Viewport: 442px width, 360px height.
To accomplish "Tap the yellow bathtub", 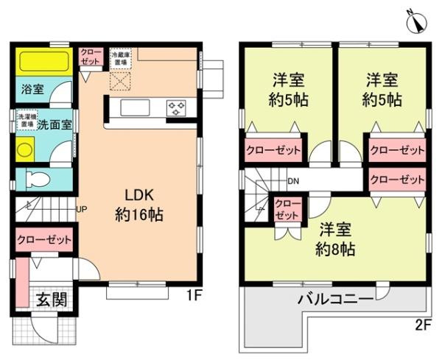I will pyautogui.click(x=43, y=60).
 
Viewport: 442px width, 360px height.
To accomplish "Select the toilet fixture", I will pyautogui.click(x=38, y=179).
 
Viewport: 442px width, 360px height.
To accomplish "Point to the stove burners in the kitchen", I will pyautogui.click(x=177, y=108).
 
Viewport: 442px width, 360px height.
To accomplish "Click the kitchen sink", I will pyautogui.click(x=135, y=108).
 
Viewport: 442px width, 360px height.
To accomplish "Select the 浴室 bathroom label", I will pyautogui.click(x=32, y=90).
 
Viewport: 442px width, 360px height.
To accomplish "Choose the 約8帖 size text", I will pyautogui.click(x=335, y=249).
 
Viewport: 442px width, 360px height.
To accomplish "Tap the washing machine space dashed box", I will pyautogui.click(x=26, y=121).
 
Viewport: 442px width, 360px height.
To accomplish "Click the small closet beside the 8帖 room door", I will pyautogui.click(x=287, y=210).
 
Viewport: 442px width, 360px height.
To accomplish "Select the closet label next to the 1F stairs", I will pyautogui.click(x=44, y=240).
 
